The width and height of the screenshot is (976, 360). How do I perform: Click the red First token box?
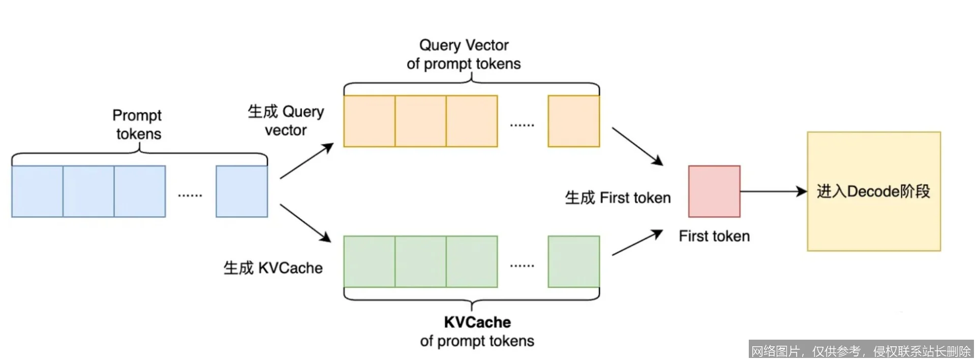tap(714, 191)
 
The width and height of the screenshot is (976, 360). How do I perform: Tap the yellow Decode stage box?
tap(873, 191)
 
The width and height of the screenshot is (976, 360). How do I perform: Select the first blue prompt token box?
tap(38, 191)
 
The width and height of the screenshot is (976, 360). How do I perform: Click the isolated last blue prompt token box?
tap(241, 191)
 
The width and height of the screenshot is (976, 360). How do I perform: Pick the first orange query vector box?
tap(370, 121)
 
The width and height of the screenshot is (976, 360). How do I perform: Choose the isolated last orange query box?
tap(573, 121)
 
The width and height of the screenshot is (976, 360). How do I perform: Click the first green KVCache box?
tap(370, 261)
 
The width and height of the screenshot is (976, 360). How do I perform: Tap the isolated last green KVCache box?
tap(573, 261)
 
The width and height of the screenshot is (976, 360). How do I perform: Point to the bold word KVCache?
tap(477, 322)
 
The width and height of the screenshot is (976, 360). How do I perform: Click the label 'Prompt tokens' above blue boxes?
tap(137, 125)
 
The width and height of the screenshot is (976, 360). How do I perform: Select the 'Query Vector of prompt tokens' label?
tap(464, 54)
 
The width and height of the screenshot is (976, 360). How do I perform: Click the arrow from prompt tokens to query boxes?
tap(306, 161)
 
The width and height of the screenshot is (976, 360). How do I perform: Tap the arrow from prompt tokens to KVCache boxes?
tap(305, 223)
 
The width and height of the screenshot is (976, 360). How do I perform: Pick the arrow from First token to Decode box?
tap(773, 192)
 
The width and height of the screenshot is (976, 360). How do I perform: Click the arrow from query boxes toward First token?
tap(637, 146)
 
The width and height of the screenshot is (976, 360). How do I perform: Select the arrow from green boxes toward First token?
tap(637, 243)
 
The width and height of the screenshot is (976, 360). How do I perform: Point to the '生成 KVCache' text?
tap(273, 268)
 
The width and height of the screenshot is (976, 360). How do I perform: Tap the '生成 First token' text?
tap(618, 198)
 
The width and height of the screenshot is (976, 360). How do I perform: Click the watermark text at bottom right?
tap(861, 351)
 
